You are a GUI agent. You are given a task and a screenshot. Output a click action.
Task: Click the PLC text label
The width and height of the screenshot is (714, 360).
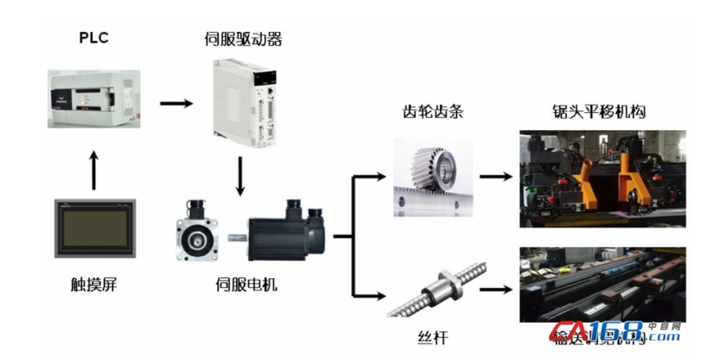click(94, 38)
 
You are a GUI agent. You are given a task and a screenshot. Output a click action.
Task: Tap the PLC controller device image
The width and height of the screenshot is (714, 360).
click(94, 99)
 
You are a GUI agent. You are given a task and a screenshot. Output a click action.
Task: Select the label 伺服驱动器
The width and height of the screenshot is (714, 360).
click(243, 39)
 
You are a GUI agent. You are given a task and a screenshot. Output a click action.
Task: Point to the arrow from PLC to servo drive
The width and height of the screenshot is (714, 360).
click(176, 102)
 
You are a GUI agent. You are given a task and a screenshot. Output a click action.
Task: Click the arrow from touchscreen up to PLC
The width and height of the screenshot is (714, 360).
click(94, 169)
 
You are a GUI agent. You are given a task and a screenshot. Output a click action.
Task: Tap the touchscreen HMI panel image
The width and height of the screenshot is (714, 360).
click(94, 228)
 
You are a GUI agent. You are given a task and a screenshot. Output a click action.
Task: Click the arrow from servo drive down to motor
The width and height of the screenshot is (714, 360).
click(240, 177)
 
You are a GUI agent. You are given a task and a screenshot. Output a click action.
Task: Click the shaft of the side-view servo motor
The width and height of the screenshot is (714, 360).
click(238, 237)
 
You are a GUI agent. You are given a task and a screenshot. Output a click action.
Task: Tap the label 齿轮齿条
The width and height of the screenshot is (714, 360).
click(433, 112)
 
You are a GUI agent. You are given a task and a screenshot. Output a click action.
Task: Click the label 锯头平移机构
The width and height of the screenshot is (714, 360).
click(598, 112)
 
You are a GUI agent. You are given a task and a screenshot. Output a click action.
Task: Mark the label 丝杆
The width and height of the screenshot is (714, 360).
click(433, 338)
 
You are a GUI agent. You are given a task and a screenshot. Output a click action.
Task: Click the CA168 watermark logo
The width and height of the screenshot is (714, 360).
click(616, 332)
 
